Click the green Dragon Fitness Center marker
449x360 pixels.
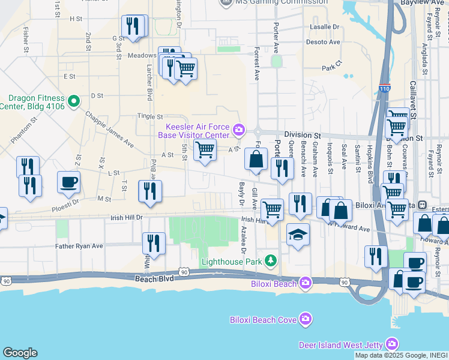click(74, 101)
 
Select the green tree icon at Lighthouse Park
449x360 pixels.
click(271, 260)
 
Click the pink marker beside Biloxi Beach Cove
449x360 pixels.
click(306, 319)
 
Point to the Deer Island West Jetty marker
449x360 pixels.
click(391, 344)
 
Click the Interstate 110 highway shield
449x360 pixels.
click(383, 89)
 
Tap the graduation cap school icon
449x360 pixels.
click(298, 233)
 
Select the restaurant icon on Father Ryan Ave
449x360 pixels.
click(154, 243)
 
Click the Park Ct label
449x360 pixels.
click(331, 68)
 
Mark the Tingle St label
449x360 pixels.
click(150, 116)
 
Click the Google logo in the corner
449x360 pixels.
click(20, 353)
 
